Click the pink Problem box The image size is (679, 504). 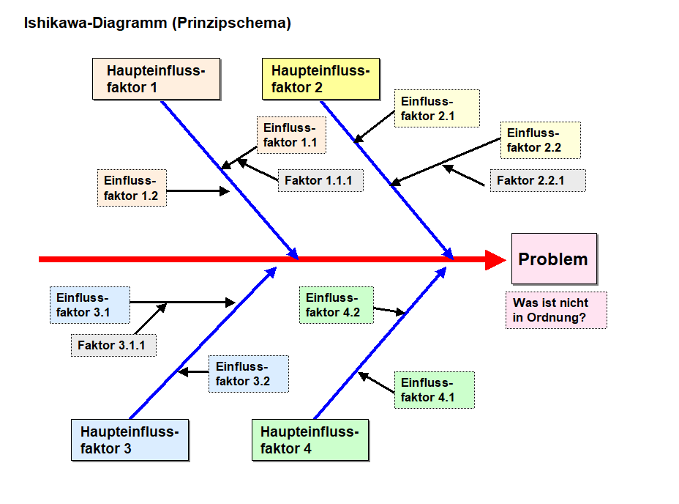(x=555, y=259)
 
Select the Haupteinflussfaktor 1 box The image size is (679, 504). (x=157, y=79)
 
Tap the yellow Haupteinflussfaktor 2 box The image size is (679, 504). (x=321, y=79)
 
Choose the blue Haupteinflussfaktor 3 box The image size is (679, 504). (x=130, y=440)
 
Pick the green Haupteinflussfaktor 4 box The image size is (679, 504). (x=310, y=440)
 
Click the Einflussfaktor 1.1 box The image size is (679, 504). (x=291, y=135)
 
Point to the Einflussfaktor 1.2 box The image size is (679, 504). (x=132, y=188)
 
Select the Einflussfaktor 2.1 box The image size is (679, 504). (x=437, y=108)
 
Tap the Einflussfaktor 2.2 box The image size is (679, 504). (x=541, y=140)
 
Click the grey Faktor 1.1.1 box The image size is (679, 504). (x=320, y=180)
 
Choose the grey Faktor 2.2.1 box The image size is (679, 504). (x=538, y=180)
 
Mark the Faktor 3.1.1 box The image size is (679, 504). (x=113, y=345)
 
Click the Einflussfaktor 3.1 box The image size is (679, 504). (x=90, y=305)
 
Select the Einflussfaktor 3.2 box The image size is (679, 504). (x=249, y=374)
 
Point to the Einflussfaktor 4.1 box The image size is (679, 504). (x=435, y=390)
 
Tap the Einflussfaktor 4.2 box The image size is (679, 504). (x=337, y=305)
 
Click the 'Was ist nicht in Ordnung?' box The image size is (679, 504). (x=556, y=310)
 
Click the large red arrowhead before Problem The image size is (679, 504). (x=495, y=260)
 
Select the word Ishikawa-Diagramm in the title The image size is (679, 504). (x=95, y=23)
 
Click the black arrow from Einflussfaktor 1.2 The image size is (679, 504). (x=198, y=191)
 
